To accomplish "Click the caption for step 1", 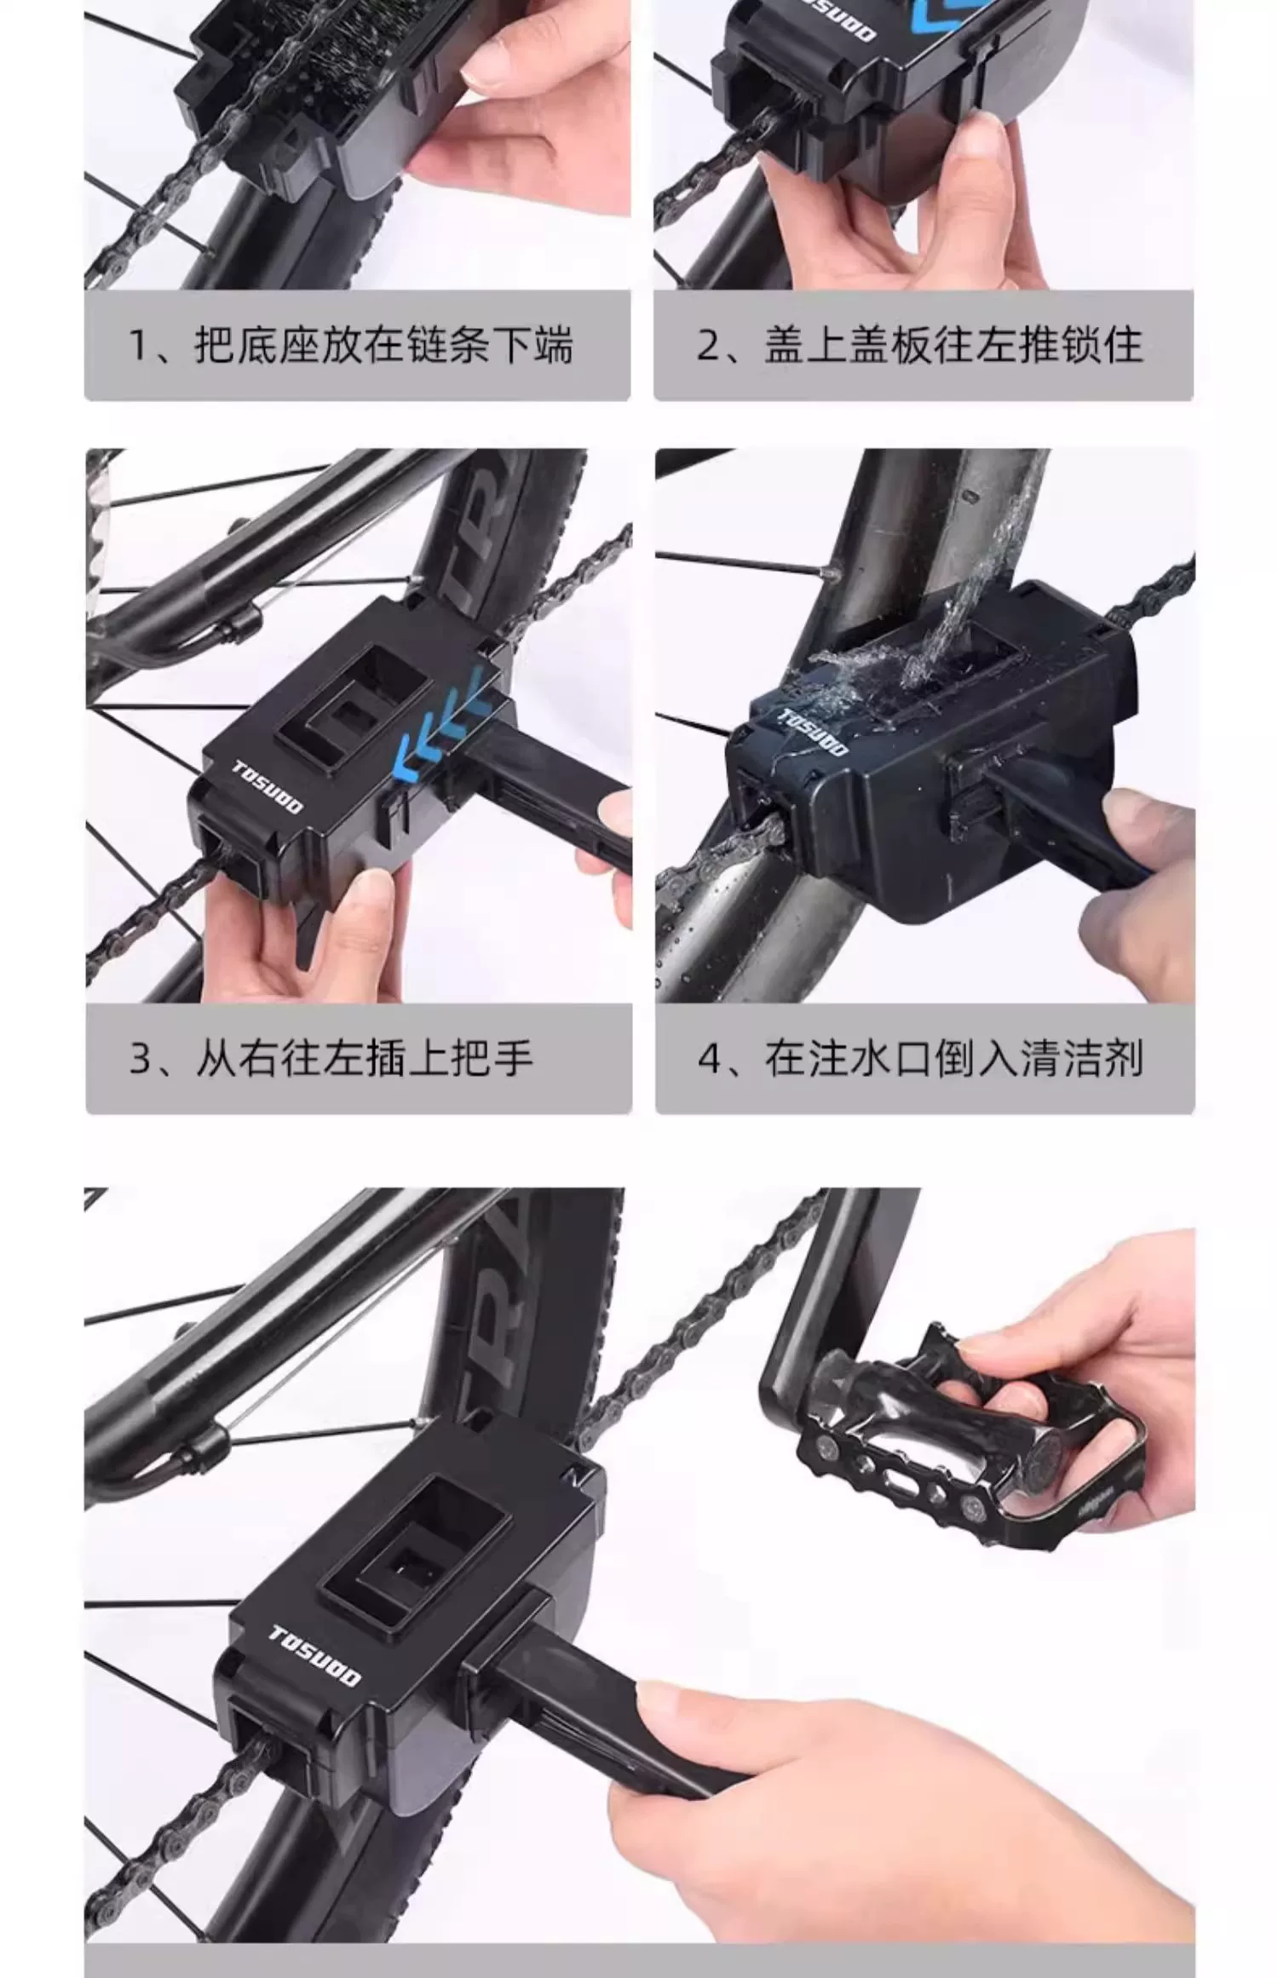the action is (350, 346).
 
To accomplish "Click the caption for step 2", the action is (919, 346).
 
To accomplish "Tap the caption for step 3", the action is (331, 1059).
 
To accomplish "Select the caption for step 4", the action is (920, 1059).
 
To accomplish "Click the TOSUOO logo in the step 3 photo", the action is (267, 787).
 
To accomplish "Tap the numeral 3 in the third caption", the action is (140, 1060).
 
